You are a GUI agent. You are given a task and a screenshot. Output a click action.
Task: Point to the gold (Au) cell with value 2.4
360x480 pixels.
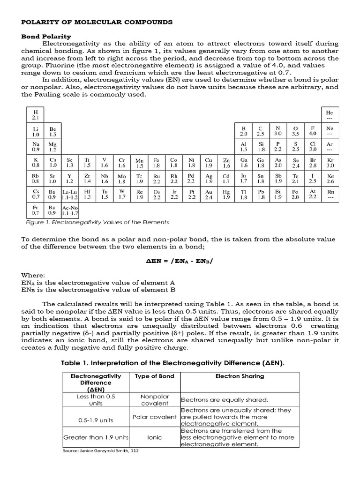pyautogui.click(x=209, y=195)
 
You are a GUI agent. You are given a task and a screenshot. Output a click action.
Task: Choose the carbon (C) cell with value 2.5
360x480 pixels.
pyautogui.click(x=261, y=130)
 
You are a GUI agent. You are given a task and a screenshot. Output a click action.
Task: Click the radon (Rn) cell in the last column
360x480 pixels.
pyautogui.click(x=330, y=195)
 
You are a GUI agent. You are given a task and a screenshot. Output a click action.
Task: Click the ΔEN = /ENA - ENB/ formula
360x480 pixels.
pyautogui.click(x=180, y=260)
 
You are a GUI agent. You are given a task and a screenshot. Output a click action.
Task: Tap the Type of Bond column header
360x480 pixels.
pyautogui.click(x=154, y=376)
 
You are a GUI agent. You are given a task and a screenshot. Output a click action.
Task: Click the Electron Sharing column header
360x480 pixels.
pyautogui.click(x=240, y=376)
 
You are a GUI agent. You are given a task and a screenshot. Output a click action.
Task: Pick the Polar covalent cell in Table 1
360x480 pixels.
pyautogui.click(x=154, y=417)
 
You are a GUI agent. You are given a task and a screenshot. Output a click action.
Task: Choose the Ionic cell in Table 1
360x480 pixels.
pyautogui.click(x=154, y=437)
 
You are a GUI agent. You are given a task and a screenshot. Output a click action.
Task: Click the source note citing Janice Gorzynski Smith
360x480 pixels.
pyautogui.click(x=101, y=451)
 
